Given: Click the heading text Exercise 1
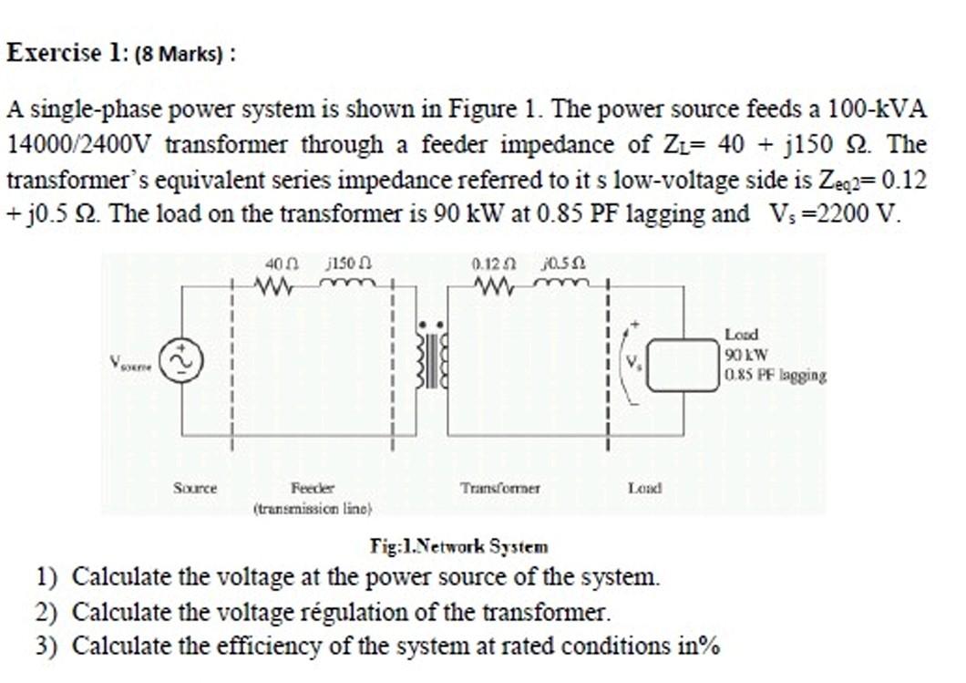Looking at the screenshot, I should [x=64, y=52].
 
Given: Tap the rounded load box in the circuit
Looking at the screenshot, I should [x=683, y=364].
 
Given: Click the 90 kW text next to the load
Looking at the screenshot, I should [x=747, y=355].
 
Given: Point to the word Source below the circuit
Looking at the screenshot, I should [x=195, y=488].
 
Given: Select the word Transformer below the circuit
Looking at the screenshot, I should [x=500, y=488].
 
